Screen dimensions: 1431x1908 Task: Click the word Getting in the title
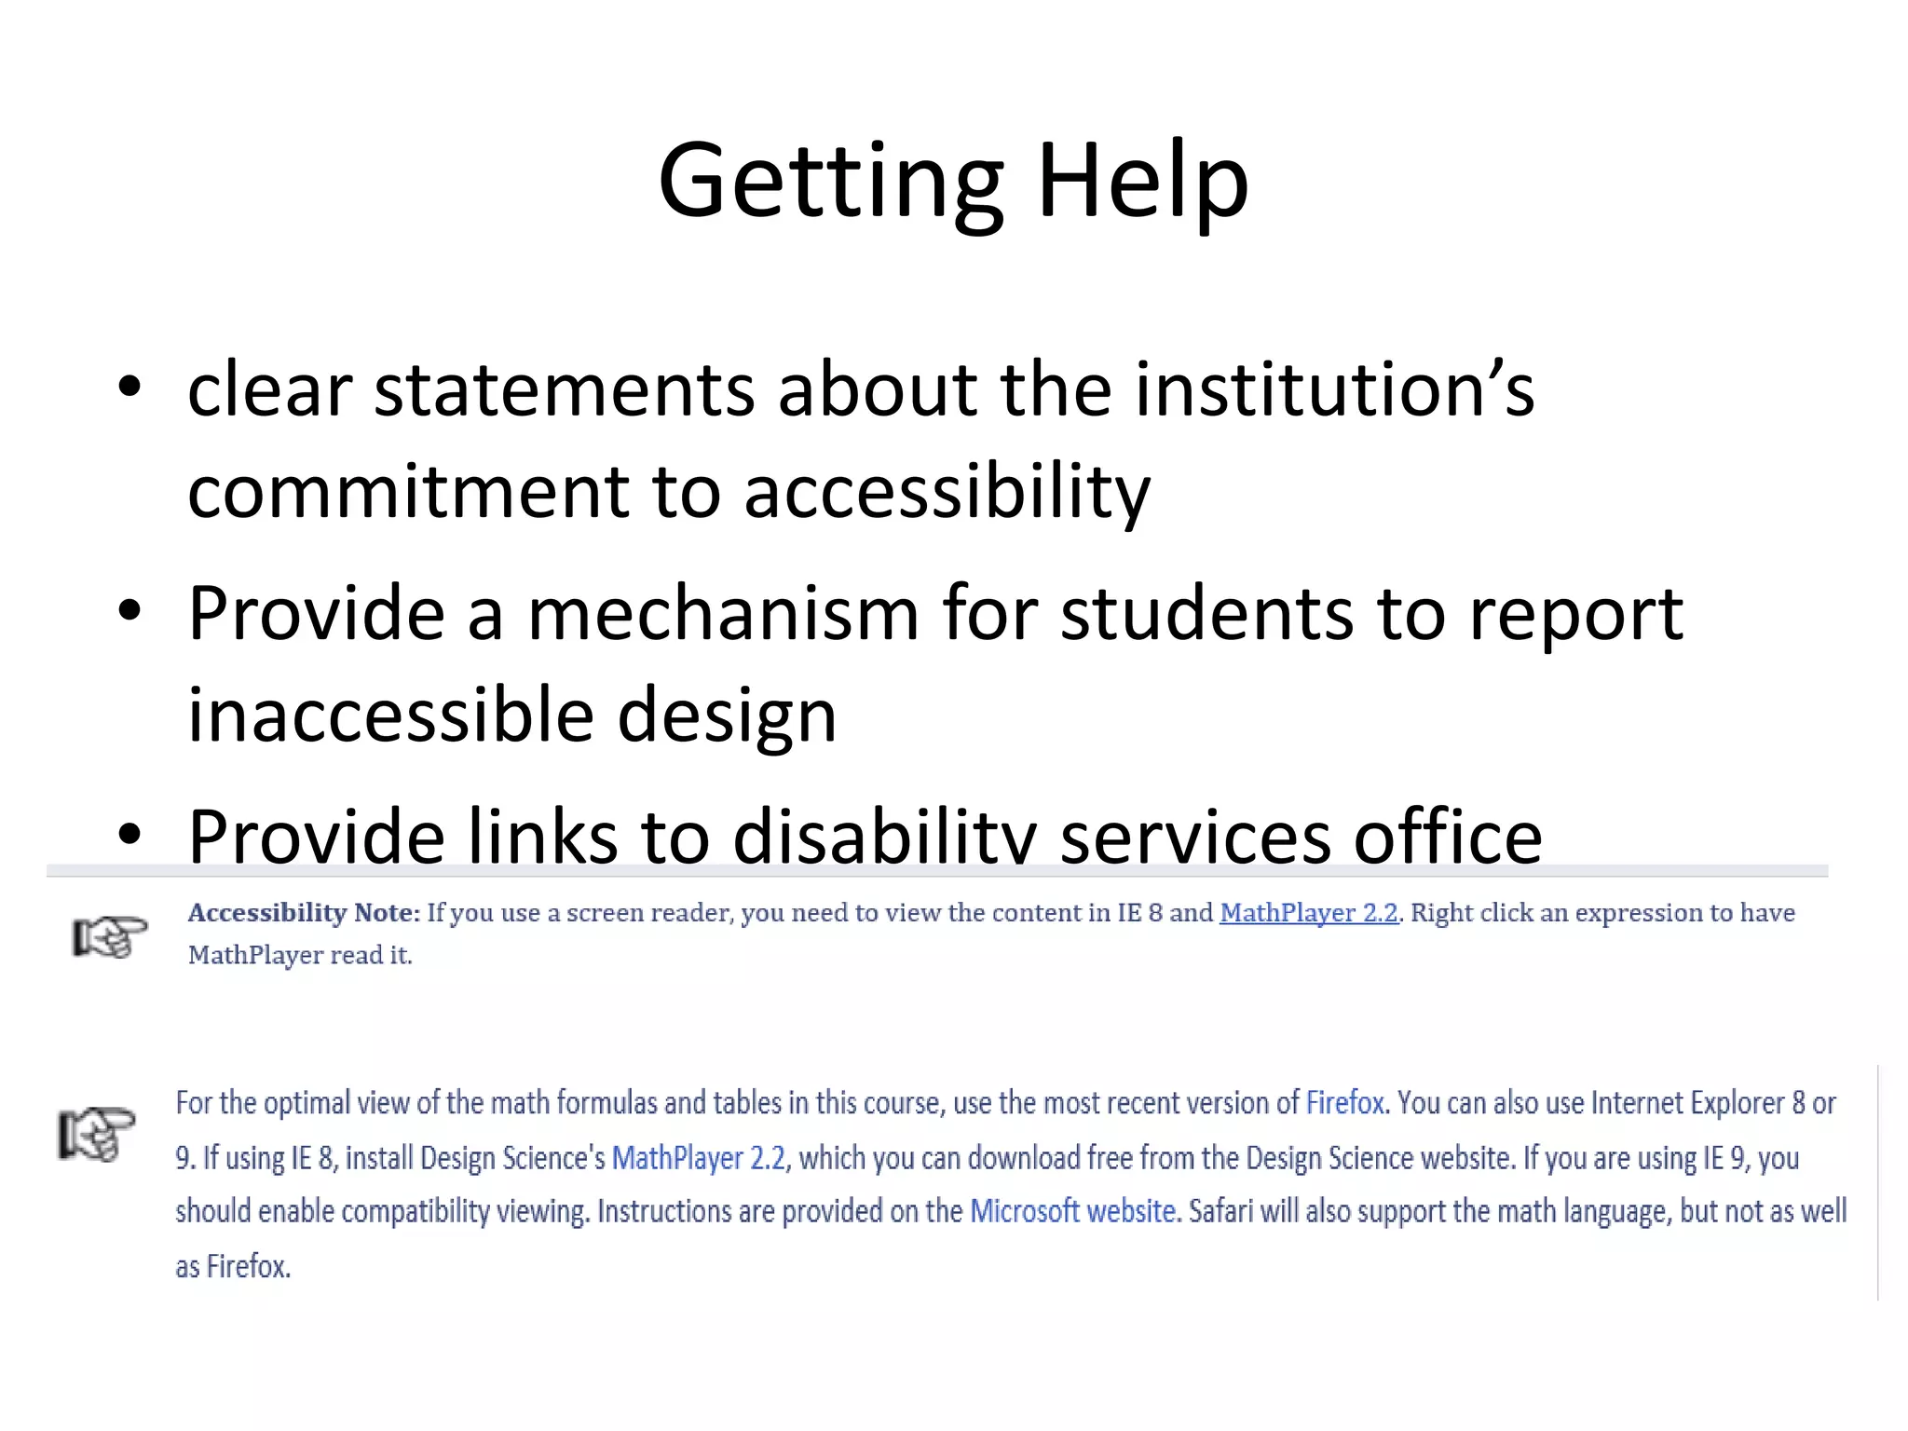(x=829, y=182)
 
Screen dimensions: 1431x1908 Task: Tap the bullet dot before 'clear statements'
(x=129, y=388)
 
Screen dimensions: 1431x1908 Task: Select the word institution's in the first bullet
(x=1334, y=389)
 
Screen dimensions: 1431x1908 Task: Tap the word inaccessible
(x=390, y=715)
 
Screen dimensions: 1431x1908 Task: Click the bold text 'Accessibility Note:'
(x=304, y=913)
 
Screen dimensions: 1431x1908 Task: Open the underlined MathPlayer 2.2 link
(x=1308, y=913)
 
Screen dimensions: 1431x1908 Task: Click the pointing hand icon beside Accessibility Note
(x=110, y=935)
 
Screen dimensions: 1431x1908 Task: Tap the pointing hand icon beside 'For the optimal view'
(x=97, y=1133)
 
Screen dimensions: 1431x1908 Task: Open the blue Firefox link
(x=1344, y=1103)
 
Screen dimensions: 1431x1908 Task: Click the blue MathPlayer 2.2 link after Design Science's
(x=699, y=1158)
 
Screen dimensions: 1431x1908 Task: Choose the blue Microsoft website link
(x=1072, y=1211)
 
